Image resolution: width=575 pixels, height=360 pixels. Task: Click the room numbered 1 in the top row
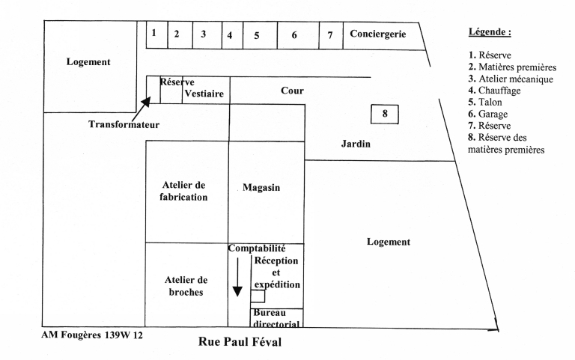(x=153, y=33)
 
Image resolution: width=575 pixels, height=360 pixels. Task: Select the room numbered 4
(x=231, y=35)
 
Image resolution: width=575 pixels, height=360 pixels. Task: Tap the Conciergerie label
(x=377, y=34)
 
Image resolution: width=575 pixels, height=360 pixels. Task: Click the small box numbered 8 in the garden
(x=385, y=115)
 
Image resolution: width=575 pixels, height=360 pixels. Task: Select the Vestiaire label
(x=204, y=94)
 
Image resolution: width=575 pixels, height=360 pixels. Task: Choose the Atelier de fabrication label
(x=184, y=191)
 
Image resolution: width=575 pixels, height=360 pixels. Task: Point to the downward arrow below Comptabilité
(x=237, y=278)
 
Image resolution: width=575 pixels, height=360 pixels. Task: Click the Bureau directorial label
(x=277, y=318)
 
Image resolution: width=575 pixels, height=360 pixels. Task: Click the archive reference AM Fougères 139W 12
(x=92, y=335)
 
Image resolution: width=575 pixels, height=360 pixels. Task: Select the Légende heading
(x=490, y=33)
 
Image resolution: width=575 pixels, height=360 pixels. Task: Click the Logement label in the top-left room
(x=88, y=62)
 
